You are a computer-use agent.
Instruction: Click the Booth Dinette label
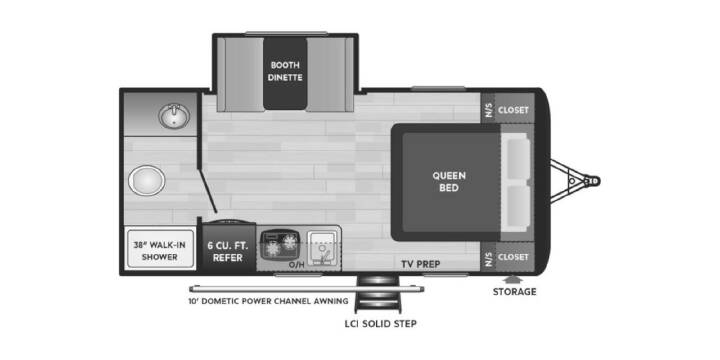coord(286,71)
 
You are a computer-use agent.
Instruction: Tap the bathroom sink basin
coord(174,116)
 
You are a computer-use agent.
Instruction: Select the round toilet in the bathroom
coord(146,180)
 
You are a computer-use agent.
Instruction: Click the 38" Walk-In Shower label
coord(159,251)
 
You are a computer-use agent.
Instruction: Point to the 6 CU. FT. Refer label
coord(228,251)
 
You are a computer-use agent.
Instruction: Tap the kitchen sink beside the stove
coord(322,248)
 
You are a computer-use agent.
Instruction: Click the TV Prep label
coord(421,264)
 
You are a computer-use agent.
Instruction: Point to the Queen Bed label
coord(449,181)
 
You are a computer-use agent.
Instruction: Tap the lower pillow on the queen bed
coord(518,205)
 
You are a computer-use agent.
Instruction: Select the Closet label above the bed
coord(513,110)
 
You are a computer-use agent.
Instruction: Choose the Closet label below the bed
coord(513,257)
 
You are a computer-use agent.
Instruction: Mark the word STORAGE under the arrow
coord(514,292)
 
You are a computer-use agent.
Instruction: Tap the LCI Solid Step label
coord(381,324)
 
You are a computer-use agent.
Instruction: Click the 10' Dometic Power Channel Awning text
coord(268,301)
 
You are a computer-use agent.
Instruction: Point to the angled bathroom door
coord(208,191)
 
